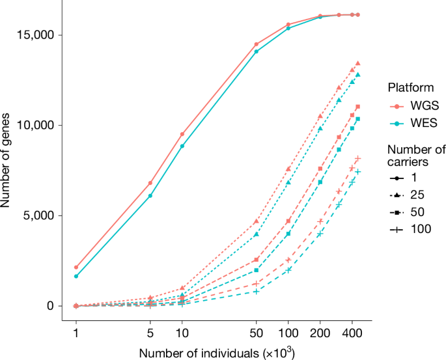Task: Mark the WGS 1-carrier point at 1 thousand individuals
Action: tap(76, 267)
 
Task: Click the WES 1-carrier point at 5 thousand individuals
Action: tap(150, 195)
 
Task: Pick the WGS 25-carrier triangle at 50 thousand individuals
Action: tap(257, 221)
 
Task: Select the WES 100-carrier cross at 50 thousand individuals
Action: tap(257, 291)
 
